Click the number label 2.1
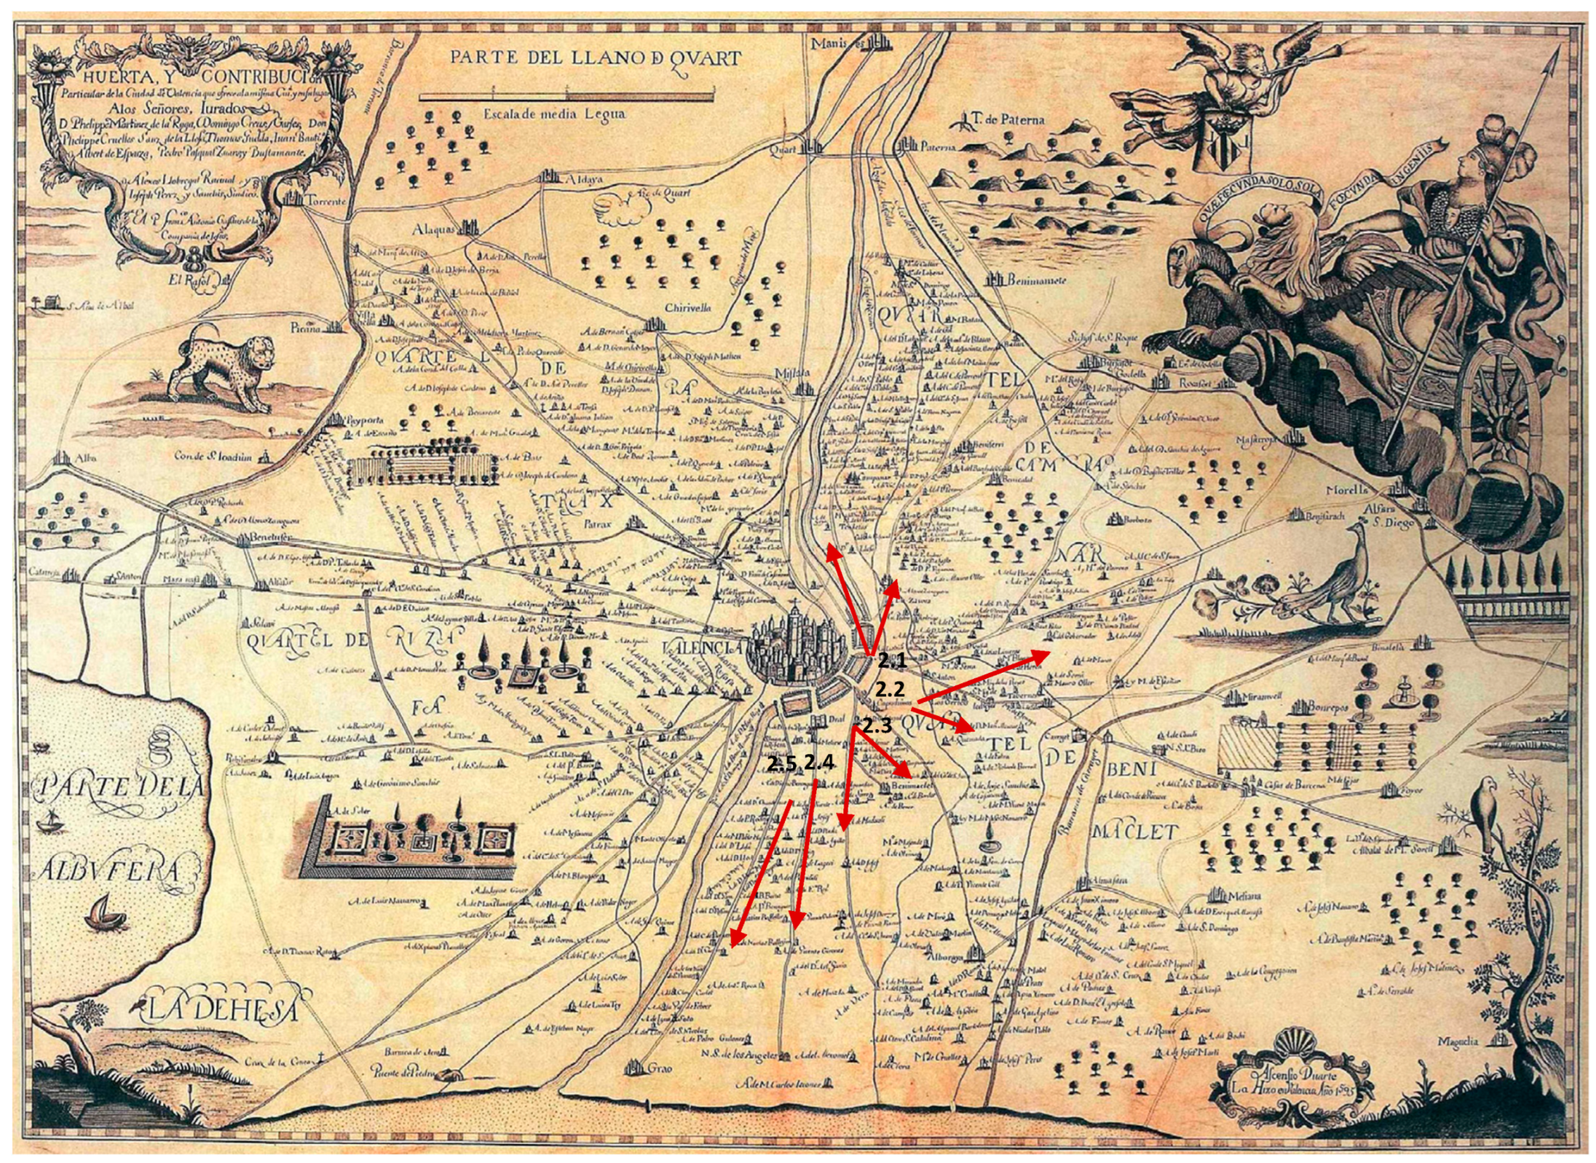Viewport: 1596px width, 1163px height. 892,661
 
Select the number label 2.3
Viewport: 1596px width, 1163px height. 877,726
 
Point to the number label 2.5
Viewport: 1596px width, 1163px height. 783,763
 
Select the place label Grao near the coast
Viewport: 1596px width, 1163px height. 660,1088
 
